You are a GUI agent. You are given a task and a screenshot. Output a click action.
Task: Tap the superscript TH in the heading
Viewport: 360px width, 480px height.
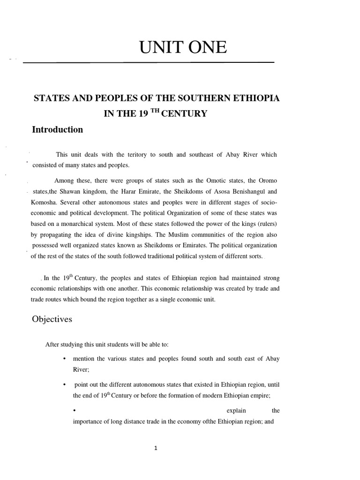click(x=157, y=112)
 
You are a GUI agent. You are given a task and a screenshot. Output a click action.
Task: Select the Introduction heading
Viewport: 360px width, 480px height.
click(x=57, y=130)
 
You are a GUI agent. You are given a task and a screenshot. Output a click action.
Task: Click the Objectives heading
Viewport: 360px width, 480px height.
click(x=52, y=319)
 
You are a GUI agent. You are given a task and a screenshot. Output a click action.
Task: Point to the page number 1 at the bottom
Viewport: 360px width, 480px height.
click(x=156, y=448)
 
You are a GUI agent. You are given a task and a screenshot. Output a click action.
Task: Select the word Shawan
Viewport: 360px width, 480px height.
click(x=72, y=191)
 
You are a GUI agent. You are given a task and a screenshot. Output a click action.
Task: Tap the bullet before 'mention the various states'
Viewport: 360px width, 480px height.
click(x=64, y=359)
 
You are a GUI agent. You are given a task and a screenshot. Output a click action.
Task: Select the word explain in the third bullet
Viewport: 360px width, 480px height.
click(x=236, y=411)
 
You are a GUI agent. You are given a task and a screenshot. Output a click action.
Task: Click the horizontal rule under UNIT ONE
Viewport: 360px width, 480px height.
click(x=148, y=62)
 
